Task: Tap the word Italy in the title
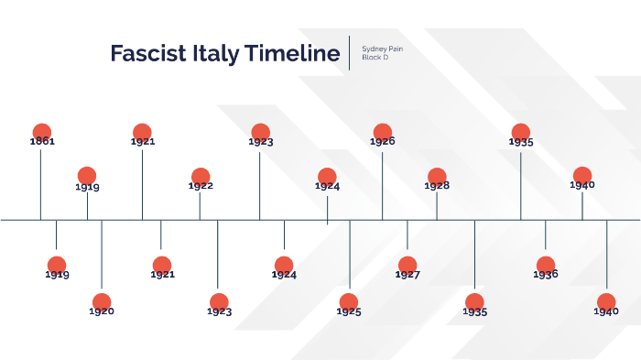pyautogui.click(x=214, y=53)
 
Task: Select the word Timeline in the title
pyautogui.click(x=291, y=53)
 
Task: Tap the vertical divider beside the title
pyautogui.click(x=350, y=52)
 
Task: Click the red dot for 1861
pyautogui.click(x=40, y=132)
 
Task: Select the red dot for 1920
pyautogui.click(x=102, y=301)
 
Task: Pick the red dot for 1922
pyautogui.click(x=200, y=177)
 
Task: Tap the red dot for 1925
pyautogui.click(x=349, y=301)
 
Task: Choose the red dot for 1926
pyautogui.click(x=382, y=132)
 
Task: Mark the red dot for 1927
pyautogui.click(x=407, y=265)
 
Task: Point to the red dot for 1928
pyautogui.click(x=437, y=177)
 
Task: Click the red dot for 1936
pyautogui.click(x=546, y=265)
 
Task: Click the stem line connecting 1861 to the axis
pyautogui.click(x=40, y=183)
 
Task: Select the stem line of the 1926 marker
pyautogui.click(x=382, y=183)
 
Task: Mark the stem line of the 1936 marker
pyautogui.click(x=546, y=236)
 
